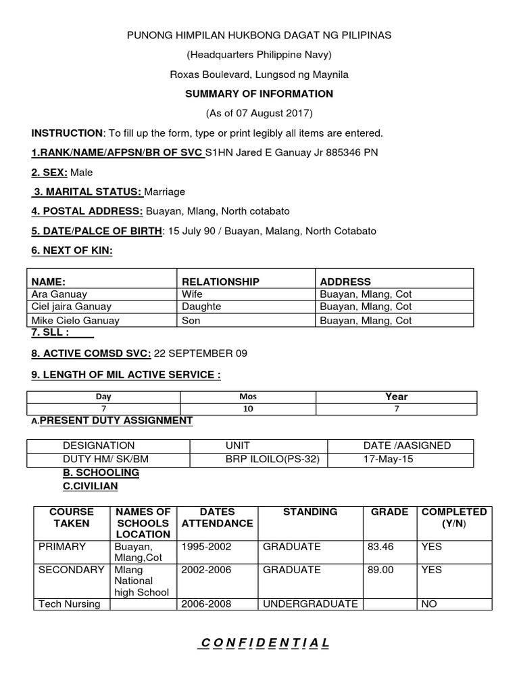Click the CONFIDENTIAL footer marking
coord(263,642)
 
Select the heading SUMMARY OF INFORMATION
coord(259,93)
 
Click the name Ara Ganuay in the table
coord(59,294)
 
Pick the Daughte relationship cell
coord(201,307)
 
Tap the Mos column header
coord(248,397)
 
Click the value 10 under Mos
coord(248,409)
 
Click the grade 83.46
coord(379,546)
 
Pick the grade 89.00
coord(379,570)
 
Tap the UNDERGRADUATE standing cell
coord(310,604)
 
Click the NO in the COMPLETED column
coord(428,604)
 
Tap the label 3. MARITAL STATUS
coord(84,192)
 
